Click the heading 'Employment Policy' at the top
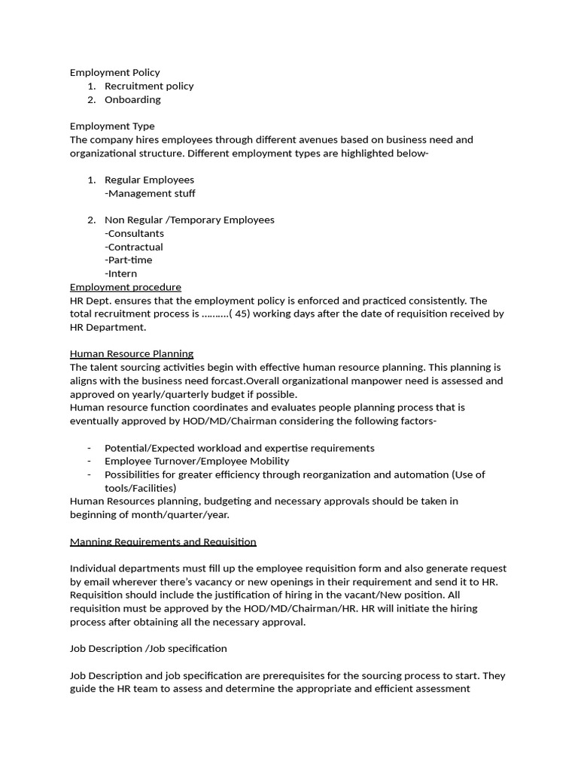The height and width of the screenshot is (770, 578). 114,73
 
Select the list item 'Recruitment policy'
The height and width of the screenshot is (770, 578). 148,86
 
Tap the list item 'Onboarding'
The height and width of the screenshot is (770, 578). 132,100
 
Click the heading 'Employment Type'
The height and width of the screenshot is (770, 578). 112,126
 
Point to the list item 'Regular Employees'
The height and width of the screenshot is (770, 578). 149,180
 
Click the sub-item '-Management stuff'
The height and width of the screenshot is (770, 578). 150,193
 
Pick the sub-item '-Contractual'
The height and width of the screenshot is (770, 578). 134,247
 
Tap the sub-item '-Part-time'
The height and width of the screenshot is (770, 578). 129,260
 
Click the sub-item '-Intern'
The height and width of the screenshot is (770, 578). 121,274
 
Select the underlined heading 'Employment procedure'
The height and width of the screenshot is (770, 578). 125,287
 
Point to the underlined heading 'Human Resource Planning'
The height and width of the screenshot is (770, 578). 132,353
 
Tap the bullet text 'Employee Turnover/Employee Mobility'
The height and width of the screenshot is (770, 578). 196,461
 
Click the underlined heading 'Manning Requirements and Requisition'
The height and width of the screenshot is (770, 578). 163,541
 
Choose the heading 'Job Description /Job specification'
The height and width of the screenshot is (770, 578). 148,648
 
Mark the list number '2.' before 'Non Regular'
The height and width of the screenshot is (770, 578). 91,220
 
